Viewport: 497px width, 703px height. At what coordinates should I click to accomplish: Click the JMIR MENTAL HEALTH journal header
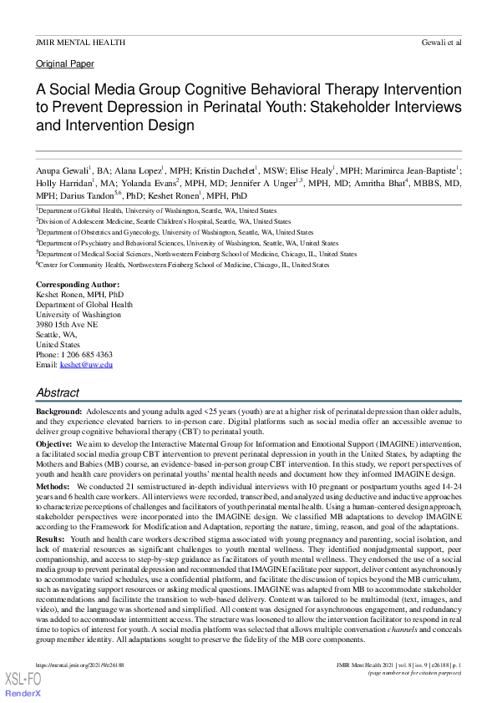tap(80, 42)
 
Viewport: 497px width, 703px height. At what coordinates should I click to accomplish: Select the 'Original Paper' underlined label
tap(65, 64)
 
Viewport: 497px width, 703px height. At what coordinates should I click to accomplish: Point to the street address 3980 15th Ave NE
tap(67, 325)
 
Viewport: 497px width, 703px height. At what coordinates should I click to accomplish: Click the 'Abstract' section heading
tap(58, 392)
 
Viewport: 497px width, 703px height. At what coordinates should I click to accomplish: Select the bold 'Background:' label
tap(58, 412)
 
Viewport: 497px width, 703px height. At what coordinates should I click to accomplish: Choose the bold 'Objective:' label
tap(54, 444)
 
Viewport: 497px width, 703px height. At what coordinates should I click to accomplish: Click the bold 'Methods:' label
tap(53, 485)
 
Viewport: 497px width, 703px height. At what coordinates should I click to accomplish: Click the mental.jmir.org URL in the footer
tap(79, 665)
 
